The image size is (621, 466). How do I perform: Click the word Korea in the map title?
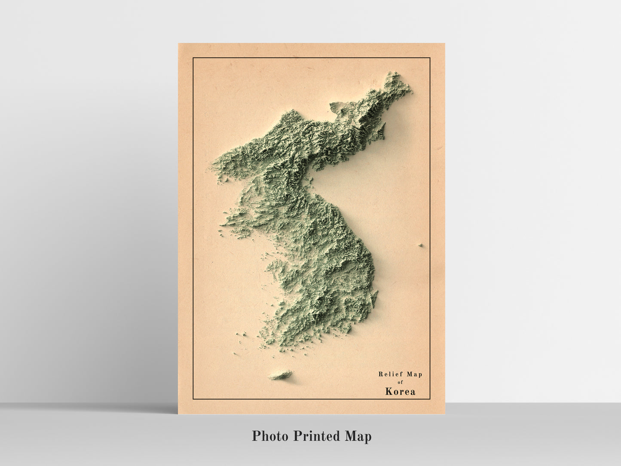(400, 392)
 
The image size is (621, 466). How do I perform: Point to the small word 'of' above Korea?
(400, 382)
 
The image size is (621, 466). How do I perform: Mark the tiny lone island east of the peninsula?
(420, 245)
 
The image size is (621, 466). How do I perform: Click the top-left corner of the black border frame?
(193, 57)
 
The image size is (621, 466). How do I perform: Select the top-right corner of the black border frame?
(430, 57)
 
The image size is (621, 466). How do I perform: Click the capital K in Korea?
(389, 392)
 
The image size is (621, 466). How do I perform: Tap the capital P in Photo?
(257, 436)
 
